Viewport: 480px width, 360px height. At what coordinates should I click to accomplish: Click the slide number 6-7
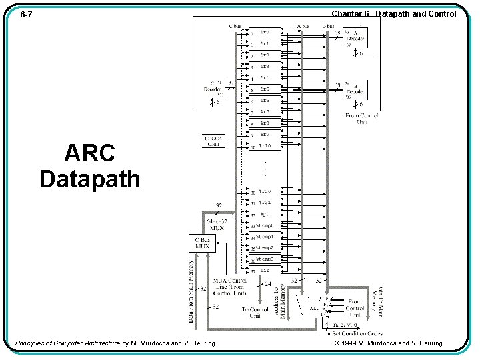(27, 14)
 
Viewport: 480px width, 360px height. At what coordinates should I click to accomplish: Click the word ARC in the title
(89, 153)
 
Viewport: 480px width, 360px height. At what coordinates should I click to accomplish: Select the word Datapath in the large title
(89, 179)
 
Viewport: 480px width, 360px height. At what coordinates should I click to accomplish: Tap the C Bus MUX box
(202, 243)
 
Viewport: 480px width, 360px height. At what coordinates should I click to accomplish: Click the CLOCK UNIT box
(214, 141)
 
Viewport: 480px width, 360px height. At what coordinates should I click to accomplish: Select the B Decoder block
(355, 89)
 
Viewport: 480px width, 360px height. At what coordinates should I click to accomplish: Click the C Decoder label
(213, 89)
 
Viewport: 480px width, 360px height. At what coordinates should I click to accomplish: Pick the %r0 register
(264, 32)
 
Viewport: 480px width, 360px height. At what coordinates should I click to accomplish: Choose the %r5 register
(264, 89)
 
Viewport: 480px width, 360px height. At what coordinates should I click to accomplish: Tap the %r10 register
(264, 145)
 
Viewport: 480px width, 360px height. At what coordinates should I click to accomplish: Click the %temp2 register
(264, 248)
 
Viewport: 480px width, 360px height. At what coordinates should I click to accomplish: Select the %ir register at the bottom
(264, 271)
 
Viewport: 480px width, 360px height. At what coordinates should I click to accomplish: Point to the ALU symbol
(313, 308)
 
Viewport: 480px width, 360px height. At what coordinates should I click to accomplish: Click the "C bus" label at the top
(235, 26)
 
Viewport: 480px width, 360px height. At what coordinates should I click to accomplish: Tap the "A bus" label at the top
(303, 26)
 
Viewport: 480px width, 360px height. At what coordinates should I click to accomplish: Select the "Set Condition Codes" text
(357, 333)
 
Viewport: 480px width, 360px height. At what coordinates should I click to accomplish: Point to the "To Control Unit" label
(255, 312)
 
